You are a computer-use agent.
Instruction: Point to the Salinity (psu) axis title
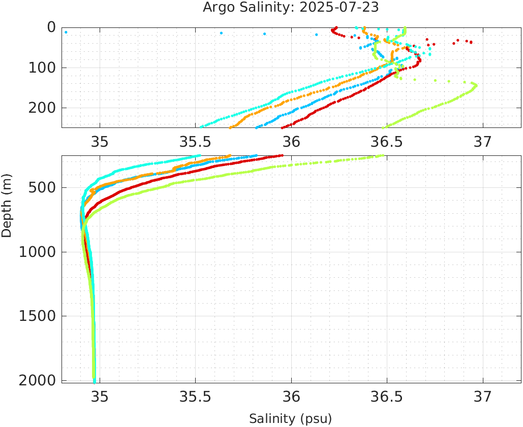290,419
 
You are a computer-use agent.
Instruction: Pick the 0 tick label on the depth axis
51,27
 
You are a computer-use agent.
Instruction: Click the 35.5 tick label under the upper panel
195,141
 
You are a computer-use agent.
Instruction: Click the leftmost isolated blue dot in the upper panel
66,32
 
